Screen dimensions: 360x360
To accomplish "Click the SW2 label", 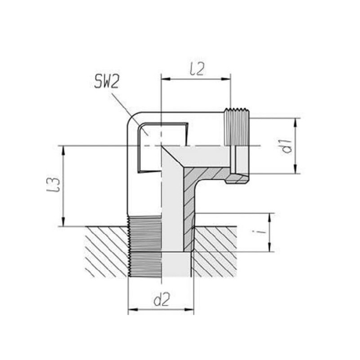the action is (x=107, y=82).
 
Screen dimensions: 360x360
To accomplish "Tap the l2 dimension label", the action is (x=197, y=69).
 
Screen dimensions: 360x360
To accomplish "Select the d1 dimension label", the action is (x=287, y=146).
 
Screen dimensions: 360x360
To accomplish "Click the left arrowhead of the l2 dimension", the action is (x=166, y=79).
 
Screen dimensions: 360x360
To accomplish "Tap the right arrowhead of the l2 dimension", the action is (x=226, y=79).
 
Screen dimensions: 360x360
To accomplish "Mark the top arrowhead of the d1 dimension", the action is (x=296, y=123).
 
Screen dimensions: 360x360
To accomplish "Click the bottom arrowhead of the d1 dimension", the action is (x=296, y=169).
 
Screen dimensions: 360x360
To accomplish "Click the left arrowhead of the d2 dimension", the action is (x=133, y=310).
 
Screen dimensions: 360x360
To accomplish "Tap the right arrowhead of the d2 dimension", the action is (x=189, y=310).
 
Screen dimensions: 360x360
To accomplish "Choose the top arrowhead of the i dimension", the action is (x=270, y=218).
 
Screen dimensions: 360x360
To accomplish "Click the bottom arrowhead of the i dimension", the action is (x=270, y=247).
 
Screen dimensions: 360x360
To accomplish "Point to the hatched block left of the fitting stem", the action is (x=107, y=252).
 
